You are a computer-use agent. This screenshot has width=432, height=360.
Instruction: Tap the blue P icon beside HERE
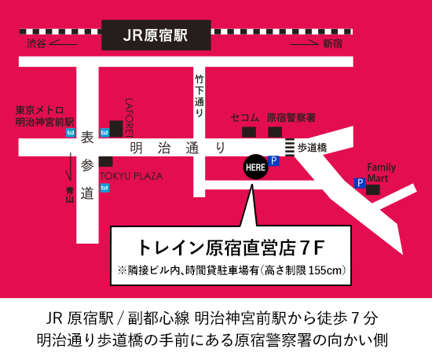(274, 161)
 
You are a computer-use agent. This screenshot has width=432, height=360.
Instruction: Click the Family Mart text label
(382, 172)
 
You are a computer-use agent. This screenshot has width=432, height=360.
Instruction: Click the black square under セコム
(249, 131)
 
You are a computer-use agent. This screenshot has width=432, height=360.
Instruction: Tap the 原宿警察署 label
(291, 117)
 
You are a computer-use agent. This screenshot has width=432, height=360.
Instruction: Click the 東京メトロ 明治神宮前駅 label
(45, 116)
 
